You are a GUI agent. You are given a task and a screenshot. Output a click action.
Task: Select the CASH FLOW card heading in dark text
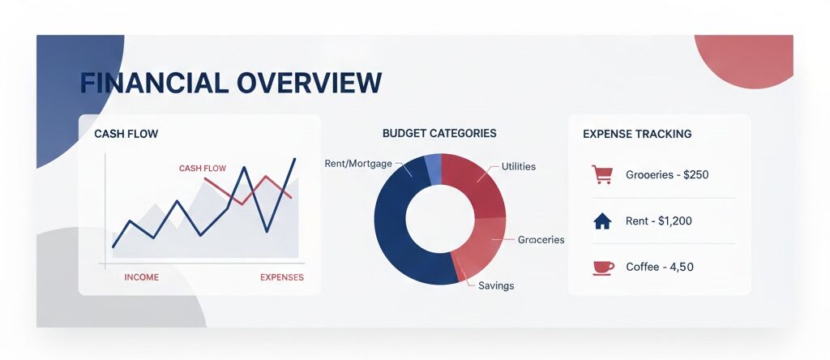[126, 134]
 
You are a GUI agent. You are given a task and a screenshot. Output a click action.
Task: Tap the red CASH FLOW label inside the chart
[202, 169]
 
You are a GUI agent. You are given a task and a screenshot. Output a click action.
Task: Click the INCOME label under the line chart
[141, 277]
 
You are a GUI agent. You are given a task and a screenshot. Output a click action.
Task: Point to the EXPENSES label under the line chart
[281, 277]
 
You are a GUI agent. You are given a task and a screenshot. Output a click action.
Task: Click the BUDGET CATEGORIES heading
[439, 133]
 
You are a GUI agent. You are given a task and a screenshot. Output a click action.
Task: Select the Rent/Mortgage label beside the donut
[357, 163]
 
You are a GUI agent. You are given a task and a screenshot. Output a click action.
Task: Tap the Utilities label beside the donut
[519, 166]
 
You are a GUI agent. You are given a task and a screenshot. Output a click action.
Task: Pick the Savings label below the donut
[496, 286]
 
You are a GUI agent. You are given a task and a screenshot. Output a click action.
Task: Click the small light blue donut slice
[434, 169]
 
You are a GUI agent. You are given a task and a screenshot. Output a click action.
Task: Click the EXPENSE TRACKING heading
[637, 134]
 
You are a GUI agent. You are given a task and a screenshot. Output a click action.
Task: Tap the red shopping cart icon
[602, 174]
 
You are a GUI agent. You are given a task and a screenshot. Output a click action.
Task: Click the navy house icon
[602, 221]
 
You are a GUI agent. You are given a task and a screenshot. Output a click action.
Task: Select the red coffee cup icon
[602, 267]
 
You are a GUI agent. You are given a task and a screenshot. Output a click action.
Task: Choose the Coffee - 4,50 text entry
[660, 267]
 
